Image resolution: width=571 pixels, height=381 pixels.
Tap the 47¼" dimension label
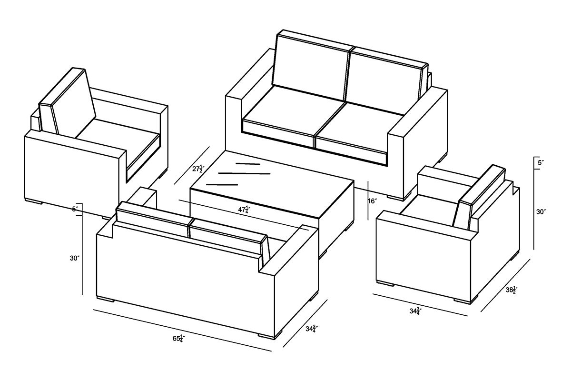(244, 210)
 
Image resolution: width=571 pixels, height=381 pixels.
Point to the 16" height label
(373, 201)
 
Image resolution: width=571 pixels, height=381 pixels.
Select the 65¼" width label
(179, 339)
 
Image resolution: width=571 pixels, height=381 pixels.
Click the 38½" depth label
(512, 290)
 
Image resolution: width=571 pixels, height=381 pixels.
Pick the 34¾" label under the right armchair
(415, 311)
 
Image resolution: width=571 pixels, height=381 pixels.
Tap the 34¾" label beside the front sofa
(312, 329)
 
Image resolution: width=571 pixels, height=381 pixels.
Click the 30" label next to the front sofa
(75, 258)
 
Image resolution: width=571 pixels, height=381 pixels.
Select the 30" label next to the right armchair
(541, 211)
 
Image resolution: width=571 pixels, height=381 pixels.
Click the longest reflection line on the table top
(244, 173)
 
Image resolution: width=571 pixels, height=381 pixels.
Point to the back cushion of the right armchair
(479, 197)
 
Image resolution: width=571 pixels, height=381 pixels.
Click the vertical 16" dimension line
(368, 201)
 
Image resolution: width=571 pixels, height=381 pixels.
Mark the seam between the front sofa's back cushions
(189, 228)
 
